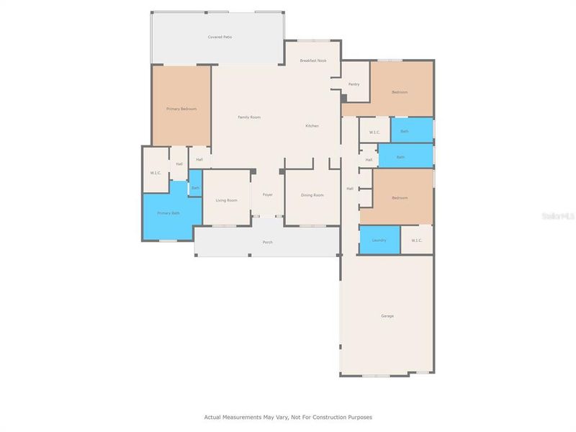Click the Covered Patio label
pos(220,37)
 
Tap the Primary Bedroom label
pos(181,109)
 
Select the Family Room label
pos(249,117)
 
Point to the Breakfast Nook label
pos(313,60)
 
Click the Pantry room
pos(354,84)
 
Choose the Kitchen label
pos(312,126)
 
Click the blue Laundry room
pos(379,240)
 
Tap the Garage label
pos(387,316)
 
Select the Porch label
pos(267,242)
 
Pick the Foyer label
pos(267,194)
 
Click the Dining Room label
pos(312,195)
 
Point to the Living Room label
pos(227,200)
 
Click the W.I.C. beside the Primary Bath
pos(156,173)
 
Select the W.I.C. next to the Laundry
pos(416,240)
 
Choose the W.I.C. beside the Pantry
pos(374,132)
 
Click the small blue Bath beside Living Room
pos(195,188)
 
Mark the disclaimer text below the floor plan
pos(288,417)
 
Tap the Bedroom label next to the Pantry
pos(400,92)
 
